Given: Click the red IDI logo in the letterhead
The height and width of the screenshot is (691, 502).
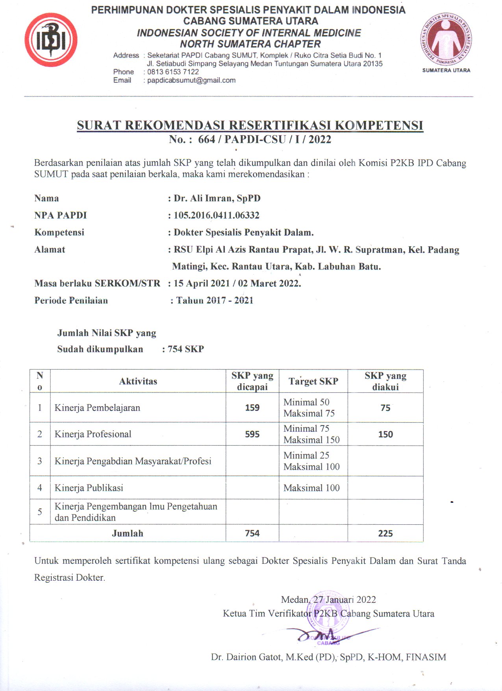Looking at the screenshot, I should pyautogui.click(x=51, y=40).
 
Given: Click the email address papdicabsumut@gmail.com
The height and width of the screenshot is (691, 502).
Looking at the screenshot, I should pyautogui.click(x=191, y=80).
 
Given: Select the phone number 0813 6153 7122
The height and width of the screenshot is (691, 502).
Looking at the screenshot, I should pyautogui.click(x=173, y=72).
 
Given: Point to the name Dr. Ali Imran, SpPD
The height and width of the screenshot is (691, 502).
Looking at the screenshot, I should pyautogui.click(x=217, y=198).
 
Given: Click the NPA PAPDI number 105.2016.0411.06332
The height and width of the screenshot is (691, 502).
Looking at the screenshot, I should pyautogui.click(x=217, y=215).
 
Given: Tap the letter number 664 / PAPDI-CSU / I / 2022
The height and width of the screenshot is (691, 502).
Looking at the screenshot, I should pyautogui.click(x=264, y=139).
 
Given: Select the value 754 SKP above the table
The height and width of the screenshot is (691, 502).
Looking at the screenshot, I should pyautogui.click(x=186, y=349).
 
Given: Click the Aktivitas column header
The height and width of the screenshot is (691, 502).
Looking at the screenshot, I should pyautogui.click(x=138, y=381).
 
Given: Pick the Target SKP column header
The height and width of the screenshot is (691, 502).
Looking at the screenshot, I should pyautogui.click(x=313, y=381).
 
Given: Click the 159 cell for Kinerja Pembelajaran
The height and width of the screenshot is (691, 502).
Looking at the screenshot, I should pyautogui.click(x=252, y=408).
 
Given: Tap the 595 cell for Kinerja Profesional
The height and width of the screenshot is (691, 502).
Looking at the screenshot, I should pyautogui.click(x=252, y=434).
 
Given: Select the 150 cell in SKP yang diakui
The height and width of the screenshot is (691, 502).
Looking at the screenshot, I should pyautogui.click(x=385, y=434).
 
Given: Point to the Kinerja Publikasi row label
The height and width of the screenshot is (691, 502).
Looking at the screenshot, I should pyautogui.click(x=89, y=488).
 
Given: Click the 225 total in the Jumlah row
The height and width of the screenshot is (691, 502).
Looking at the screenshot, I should pyautogui.click(x=385, y=533).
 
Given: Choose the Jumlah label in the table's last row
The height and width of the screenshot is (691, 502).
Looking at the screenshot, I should pyautogui.click(x=127, y=533).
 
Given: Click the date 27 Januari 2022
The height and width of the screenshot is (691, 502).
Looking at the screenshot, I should pyautogui.click(x=345, y=600).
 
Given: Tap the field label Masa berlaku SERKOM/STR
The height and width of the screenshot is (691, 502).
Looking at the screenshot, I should pyautogui.click(x=97, y=283).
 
